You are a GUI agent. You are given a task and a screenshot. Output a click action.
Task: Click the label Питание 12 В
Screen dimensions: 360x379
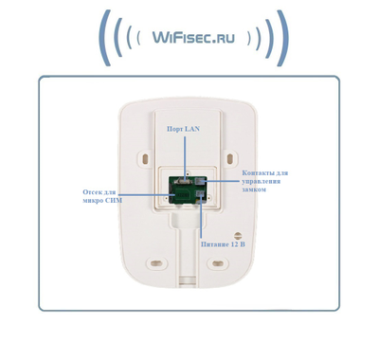click(224, 244)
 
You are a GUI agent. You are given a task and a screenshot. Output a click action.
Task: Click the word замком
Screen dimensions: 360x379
click(256, 189)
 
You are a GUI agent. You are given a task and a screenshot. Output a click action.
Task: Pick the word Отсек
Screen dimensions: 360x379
click(96, 192)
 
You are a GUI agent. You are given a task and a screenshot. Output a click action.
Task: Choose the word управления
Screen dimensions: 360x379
click(262, 182)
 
